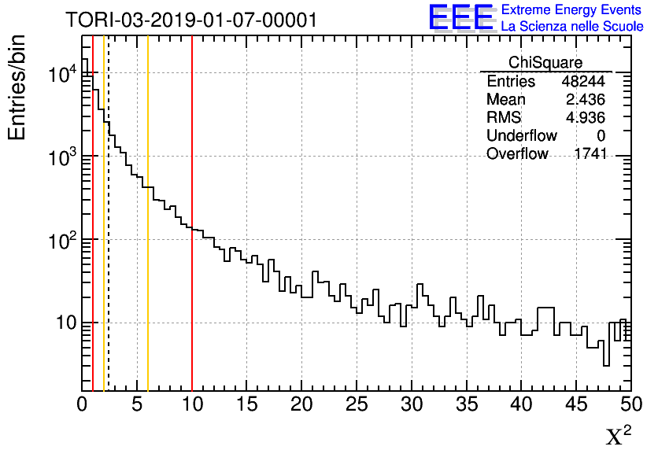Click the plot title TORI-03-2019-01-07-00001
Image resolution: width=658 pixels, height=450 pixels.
[191, 20]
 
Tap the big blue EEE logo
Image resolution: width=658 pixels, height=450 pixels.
[461, 17]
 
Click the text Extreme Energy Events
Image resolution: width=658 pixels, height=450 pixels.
[572, 10]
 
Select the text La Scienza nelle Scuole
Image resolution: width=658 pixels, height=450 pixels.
[572, 27]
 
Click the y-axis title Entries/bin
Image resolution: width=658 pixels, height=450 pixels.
[17, 88]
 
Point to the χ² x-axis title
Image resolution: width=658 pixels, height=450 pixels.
[618, 435]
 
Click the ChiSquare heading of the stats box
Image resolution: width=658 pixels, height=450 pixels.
[545, 63]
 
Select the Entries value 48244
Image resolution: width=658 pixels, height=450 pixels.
[583, 82]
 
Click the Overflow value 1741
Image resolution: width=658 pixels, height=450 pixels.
[590, 154]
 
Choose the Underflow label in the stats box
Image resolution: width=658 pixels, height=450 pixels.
[521, 136]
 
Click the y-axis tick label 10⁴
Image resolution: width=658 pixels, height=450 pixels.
[61, 75]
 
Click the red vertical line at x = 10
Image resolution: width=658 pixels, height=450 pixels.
[192, 236]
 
